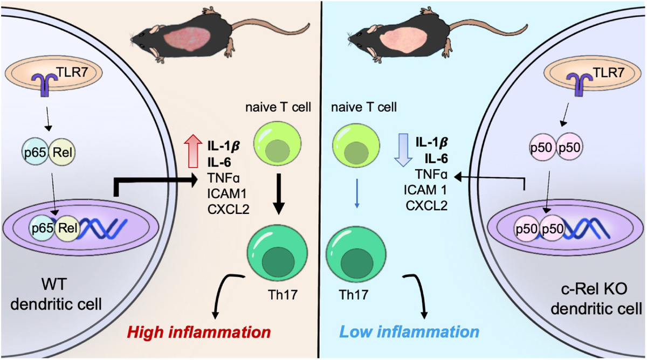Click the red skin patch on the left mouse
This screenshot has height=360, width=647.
click(188, 43)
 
